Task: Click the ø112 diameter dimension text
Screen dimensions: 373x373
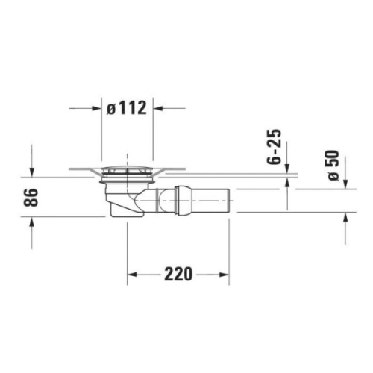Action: [127, 108]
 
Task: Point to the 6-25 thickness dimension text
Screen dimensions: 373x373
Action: [275, 147]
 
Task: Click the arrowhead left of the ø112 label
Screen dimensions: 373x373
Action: [95, 108]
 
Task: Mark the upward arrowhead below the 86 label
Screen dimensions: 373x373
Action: [31, 224]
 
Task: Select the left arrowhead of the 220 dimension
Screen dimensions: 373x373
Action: [132, 275]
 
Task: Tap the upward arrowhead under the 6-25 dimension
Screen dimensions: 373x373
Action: [289, 186]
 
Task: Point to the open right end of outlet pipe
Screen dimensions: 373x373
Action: [229, 201]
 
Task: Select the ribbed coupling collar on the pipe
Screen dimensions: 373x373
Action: [179, 201]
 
